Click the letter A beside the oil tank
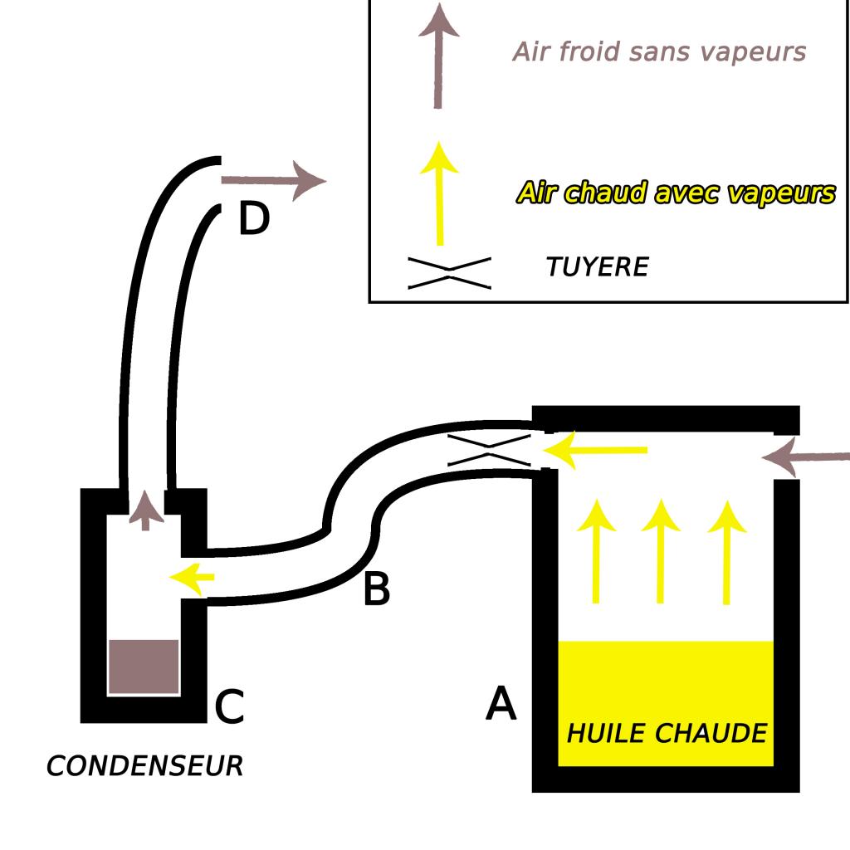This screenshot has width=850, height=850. click(501, 704)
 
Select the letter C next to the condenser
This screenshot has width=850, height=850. click(229, 707)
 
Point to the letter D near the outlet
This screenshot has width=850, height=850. click(254, 219)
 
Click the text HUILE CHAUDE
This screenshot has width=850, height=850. click(667, 734)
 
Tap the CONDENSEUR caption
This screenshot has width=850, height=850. click(144, 765)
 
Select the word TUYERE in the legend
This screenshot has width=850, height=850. click(597, 266)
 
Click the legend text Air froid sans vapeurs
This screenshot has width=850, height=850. click(659, 51)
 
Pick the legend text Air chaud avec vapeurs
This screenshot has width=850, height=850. click(675, 193)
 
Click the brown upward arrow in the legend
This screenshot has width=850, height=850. click(438, 54)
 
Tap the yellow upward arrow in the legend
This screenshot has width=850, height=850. click(439, 191)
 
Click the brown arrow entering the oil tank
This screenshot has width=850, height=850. click(805, 457)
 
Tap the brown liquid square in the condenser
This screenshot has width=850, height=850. click(144, 667)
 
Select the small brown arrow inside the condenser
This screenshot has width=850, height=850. click(147, 510)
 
